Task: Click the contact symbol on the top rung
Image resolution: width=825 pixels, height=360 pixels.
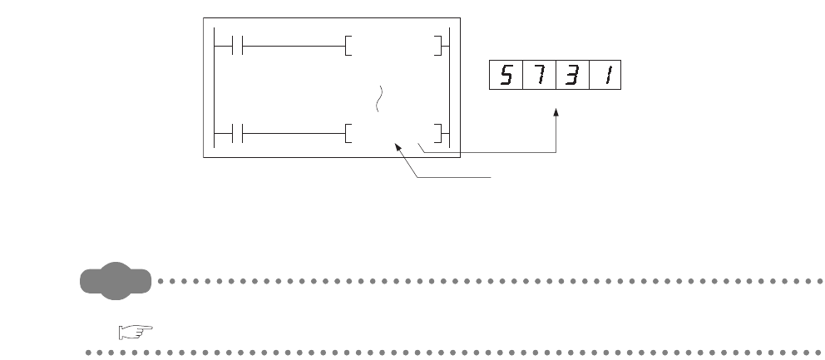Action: (236, 45)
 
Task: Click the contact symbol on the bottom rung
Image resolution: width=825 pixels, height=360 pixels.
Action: (236, 133)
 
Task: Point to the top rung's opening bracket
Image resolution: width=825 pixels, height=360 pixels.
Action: (347, 45)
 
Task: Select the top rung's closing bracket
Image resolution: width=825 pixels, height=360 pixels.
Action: (438, 45)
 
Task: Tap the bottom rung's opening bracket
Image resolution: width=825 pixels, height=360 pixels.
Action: (347, 133)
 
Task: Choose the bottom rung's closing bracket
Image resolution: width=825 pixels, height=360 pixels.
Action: (438, 133)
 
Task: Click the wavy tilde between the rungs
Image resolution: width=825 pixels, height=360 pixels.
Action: (382, 96)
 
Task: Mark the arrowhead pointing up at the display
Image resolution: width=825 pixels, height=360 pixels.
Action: (556, 112)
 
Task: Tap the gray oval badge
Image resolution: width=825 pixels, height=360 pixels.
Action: (116, 281)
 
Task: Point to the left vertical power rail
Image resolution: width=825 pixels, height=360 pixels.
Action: (215, 89)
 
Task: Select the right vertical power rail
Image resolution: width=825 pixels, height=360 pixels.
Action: (449, 89)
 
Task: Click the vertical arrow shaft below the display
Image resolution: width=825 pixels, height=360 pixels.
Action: (556, 133)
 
